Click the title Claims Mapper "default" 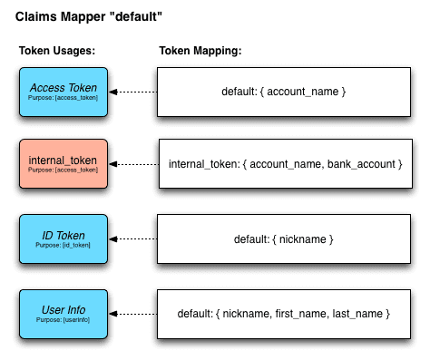pyautogui.click(x=89, y=16)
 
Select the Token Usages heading pyautogui.click(x=57, y=51)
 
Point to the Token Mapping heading pyautogui.click(x=200, y=51)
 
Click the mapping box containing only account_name pyautogui.click(x=284, y=92)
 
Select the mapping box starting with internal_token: pyautogui.click(x=284, y=164)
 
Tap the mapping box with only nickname pyautogui.click(x=284, y=239)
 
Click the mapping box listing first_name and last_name pyautogui.click(x=284, y=313)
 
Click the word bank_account pyautogui.click(x=357, y=164)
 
